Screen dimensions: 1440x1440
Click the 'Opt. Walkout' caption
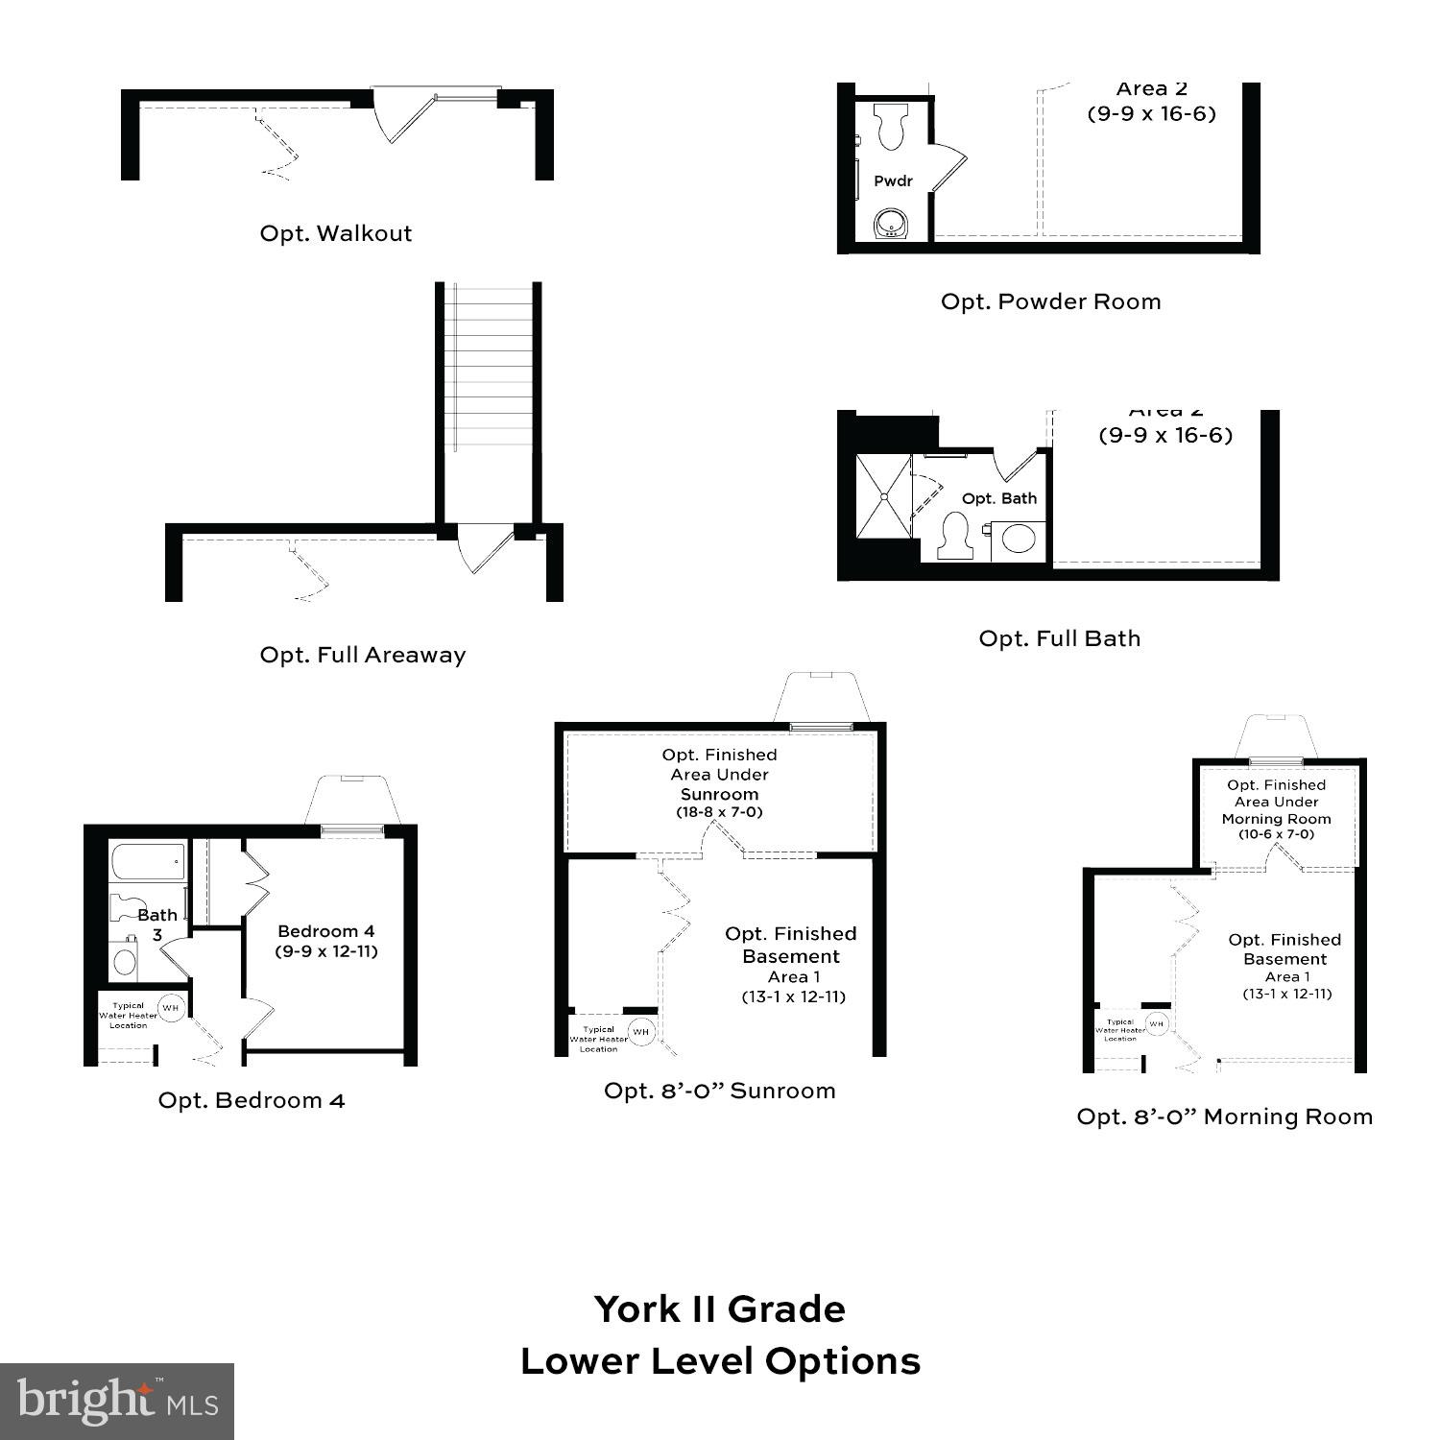[x=336, y=233]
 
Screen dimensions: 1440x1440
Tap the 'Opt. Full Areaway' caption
[x=363, y=655]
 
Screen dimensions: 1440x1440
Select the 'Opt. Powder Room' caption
[x=1050, y=301]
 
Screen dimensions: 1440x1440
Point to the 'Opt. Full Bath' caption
[x=1059, y=638]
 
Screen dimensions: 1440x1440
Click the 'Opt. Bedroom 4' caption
[x=252, y=1100]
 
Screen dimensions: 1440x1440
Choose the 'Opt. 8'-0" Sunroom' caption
[x=719, y=1091]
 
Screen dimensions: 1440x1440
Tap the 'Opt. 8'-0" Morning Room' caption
[x=1224, y=1116]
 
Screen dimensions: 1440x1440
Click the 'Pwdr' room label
[x=893, y=180]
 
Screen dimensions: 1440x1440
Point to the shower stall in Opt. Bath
[x=882, y=496]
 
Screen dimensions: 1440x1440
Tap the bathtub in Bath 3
[x=149, y=861]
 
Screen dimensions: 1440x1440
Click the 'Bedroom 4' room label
[x=326, y=931]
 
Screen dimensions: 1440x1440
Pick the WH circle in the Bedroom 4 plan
[x=171, y=1008]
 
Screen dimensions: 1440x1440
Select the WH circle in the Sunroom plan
[x=640, y=1032]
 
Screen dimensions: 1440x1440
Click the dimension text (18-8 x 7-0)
[x=719, y=812]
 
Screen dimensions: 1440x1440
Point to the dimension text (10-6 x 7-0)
[x=1276, y=834]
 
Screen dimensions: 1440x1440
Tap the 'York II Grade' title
[x=720, y=1309]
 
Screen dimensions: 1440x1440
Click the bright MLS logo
[x=116, y=1402]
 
